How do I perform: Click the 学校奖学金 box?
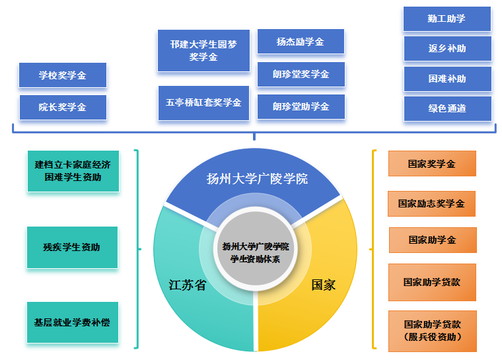point(63,75)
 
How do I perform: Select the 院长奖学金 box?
point(63,107)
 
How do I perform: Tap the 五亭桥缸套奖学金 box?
point(203,103)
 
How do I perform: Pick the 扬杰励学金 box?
point(301,42)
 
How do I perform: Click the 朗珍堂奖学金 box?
point(301,74)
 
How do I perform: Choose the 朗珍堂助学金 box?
point(301,106)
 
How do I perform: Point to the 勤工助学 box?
point(447,18)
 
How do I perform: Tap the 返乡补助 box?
point(447,48)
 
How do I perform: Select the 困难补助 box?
point(447,79)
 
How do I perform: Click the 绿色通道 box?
point(447,108)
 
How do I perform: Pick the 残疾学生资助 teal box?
point(72,248)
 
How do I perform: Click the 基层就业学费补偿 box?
point(72,323)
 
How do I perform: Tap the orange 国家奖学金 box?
point(431,164)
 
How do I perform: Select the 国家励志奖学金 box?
point(431,203)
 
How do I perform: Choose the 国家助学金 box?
point(432,240)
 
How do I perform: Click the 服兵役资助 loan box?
point(432,330)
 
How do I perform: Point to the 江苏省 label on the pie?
point(187,285)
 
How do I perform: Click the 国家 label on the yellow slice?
point(324,285)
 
